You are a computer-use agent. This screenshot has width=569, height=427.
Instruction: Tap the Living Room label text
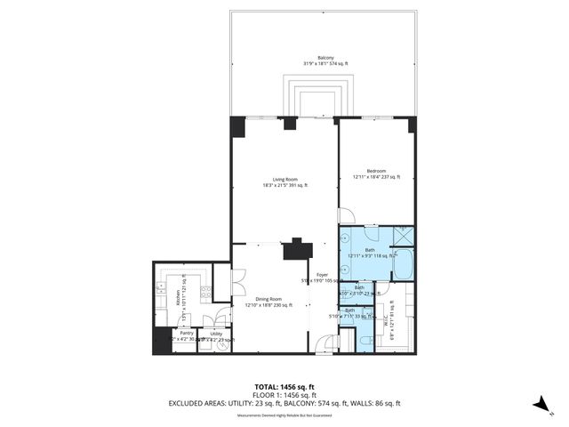[284, 181]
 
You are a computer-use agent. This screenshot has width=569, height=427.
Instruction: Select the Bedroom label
[377, 173]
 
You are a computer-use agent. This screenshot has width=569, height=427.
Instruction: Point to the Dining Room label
[263, 301]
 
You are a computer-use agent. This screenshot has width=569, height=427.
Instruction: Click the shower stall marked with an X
[403, 236]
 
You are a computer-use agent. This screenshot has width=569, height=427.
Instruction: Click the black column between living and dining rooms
[295, 248]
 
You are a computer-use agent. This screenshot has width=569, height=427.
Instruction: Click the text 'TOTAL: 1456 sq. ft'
[284, 387]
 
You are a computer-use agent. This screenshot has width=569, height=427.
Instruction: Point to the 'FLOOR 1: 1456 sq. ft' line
[284, 395]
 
